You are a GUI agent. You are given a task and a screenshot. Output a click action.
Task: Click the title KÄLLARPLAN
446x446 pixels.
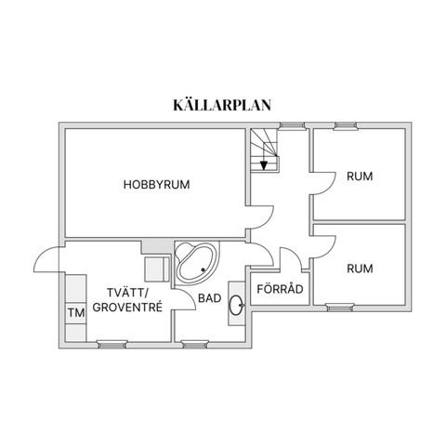(x=222, y=104)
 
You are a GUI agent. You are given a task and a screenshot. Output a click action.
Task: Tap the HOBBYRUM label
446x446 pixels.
(x=156, y=184)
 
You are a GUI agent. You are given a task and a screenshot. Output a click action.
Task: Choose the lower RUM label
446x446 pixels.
(x=359, y=269)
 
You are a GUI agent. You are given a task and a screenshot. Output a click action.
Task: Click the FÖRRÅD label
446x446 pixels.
(x=279, y=289)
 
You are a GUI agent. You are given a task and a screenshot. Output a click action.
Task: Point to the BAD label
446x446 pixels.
(x=209, y=298)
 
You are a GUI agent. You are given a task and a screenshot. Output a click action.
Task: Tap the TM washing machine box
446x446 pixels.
(x=75, y=312)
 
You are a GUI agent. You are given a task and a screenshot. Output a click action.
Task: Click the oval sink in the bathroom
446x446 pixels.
(x=237, y=302)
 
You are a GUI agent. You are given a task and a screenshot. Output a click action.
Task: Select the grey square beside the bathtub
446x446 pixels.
(x=149, y=246)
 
